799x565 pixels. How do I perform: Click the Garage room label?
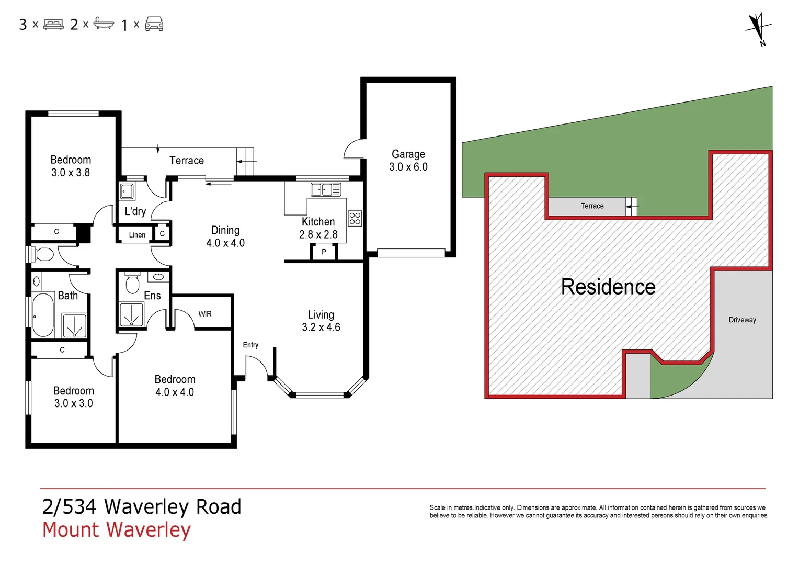tap(408, 154)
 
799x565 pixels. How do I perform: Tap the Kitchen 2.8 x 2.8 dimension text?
tap(318, 235)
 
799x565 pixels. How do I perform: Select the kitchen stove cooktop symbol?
tap(355, 218)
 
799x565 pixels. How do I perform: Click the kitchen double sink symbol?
tap(325, 189)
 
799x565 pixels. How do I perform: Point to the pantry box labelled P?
tap(324, 252)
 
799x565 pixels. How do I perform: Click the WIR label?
tap(205, 314)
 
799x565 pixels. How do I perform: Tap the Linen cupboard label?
tap(137, 235)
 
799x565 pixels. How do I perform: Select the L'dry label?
tap(135, 211)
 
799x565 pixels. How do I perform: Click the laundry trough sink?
tap(127, 191)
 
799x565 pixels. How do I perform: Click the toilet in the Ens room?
tap(132, 284)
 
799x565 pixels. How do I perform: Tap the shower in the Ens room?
tap(131, 315)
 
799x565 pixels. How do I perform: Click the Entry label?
tap(250, 345)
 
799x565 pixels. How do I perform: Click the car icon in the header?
tap(154, 24)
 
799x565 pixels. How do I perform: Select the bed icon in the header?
tap(53, 24)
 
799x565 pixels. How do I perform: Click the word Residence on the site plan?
tap(608, 287)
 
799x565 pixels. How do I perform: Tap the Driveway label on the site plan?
tap(742, 320)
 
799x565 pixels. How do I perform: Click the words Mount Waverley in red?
tap(117, 529)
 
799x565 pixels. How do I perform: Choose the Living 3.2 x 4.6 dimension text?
tap(321, 327)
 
